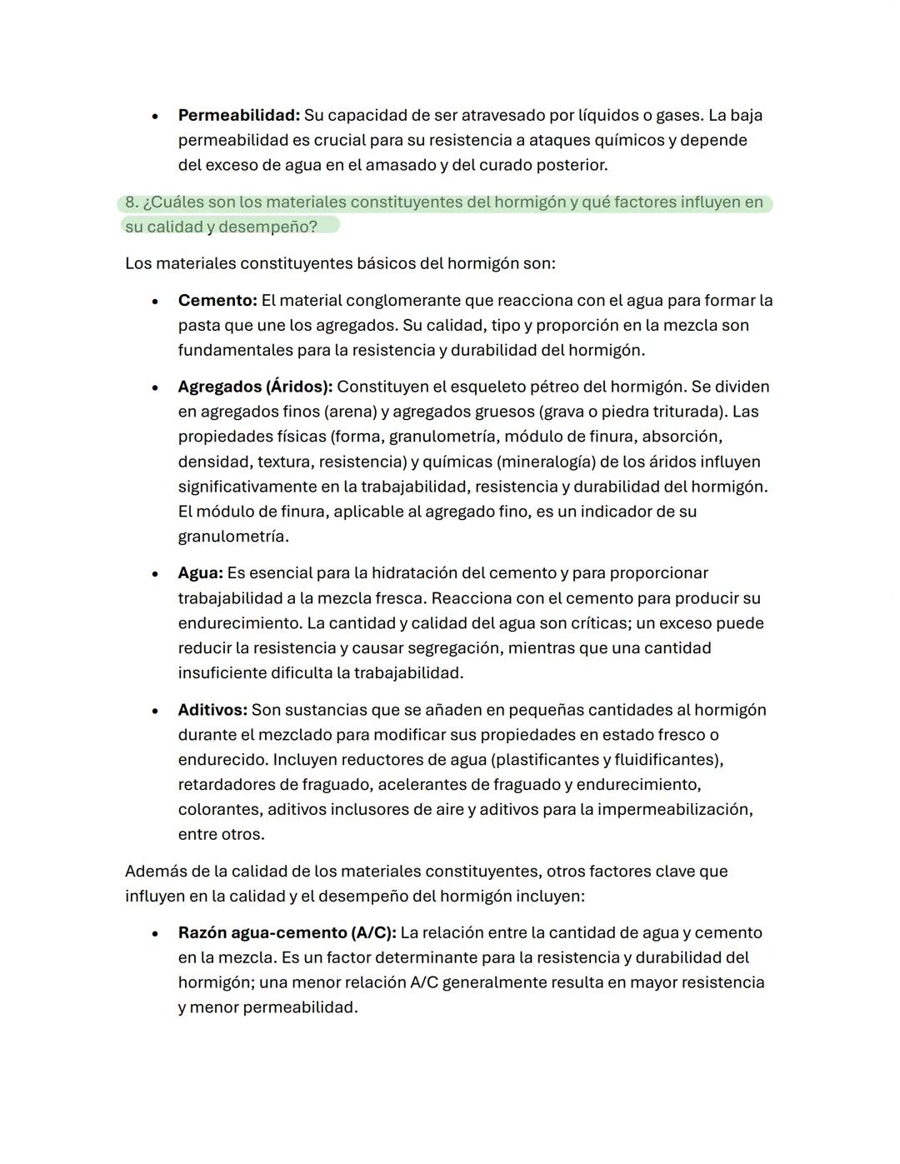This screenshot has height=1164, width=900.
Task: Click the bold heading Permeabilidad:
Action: coord(238,115)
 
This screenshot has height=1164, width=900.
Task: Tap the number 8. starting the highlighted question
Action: coord(132,202)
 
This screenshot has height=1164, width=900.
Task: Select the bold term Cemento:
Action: coord(217,300)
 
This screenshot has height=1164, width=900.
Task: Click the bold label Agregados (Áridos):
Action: coord(255,387)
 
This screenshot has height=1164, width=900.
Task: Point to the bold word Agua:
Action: coord(200,573)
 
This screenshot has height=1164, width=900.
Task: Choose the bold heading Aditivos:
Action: coord(212,710)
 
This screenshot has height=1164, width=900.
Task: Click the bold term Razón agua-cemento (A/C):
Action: coord(287,932)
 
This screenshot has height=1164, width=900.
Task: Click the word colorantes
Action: coord(219,809)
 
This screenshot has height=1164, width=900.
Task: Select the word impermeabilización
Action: coord(673,809)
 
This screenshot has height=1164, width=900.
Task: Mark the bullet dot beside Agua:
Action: coord(155,574)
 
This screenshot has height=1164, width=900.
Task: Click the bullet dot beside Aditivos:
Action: coord(155,711)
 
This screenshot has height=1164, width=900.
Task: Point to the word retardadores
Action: coord(227,784)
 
